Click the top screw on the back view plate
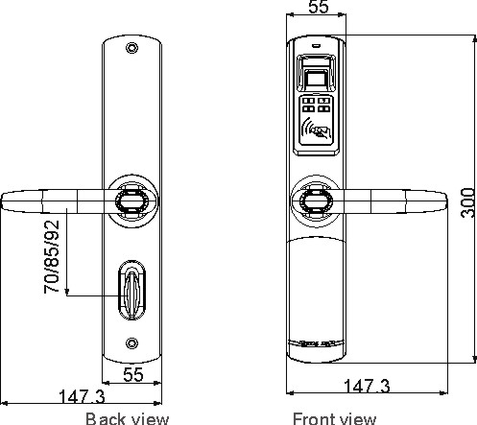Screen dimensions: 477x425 point(131,48)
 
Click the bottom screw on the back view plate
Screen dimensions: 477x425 point(131,343)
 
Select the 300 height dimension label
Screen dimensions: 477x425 point(468,202)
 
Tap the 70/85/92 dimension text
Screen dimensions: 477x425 point(52,257)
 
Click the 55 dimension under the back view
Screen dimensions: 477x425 point(133,374)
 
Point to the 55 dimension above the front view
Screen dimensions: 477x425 point(319,7)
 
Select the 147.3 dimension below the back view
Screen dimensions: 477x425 point(83,396)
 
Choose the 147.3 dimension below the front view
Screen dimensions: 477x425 point(367,386)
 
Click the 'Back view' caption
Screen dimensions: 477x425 point(127,418)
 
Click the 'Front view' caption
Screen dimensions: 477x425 point(334,418)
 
